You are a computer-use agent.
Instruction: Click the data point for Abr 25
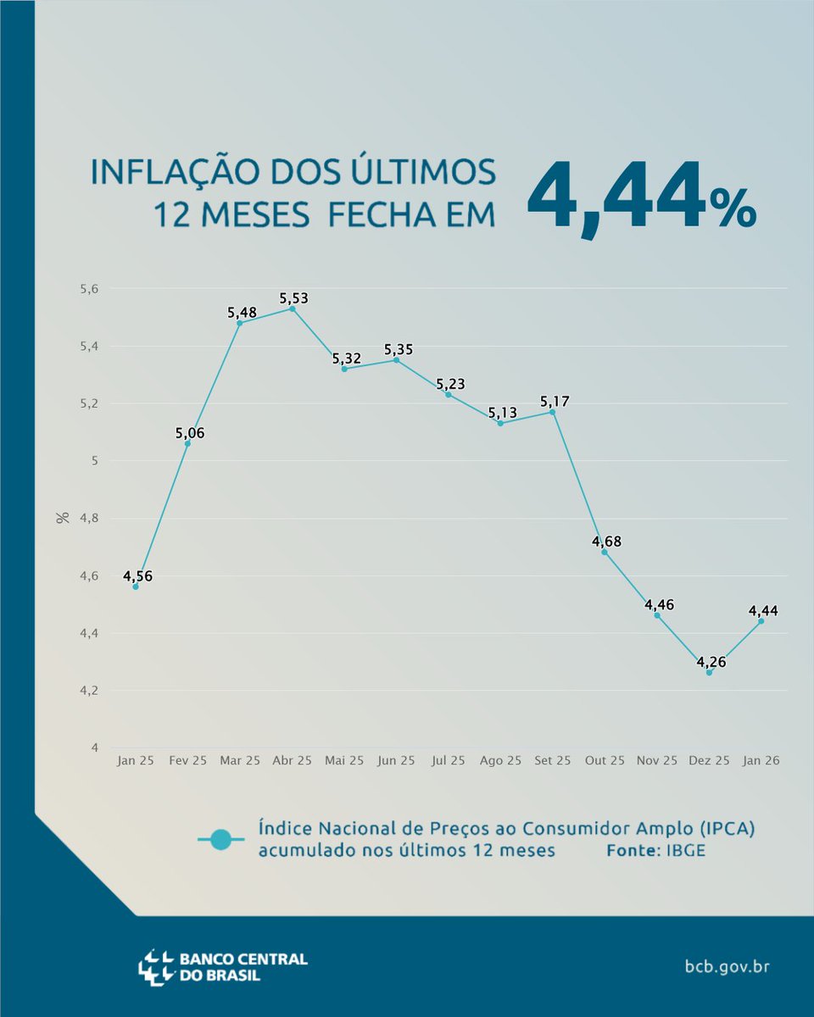[x=293, y=308]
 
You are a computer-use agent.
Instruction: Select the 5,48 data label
[x=241, y=313]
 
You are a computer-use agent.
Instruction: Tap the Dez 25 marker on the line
[x=709, y=672]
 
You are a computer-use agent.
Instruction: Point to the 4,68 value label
[x=605, y=542]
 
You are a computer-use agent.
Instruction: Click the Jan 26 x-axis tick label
[x=761, y=761]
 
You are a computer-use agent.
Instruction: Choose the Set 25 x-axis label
[x=552, y=761]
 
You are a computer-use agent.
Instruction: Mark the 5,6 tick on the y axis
[x=89, y=289]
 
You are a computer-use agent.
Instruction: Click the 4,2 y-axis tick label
[x=89, y=691]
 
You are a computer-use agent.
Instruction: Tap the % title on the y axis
[x=63, y=517]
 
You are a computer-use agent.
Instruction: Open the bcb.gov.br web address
[x=727, y=966]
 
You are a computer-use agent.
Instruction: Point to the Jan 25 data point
[x=136, y=586]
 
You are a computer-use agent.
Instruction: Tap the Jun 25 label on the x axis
[x=397, y=761]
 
